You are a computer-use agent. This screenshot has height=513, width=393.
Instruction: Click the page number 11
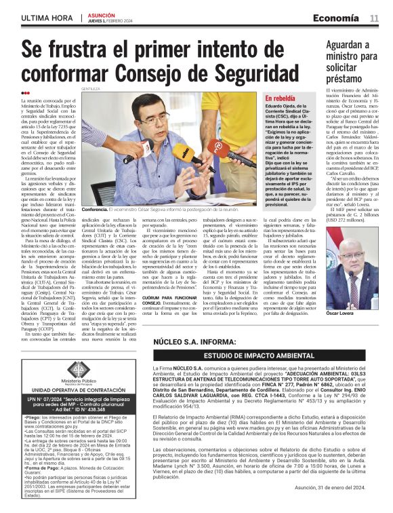pos(374,18)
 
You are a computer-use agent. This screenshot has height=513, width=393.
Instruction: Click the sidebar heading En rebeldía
pos(281,98)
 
